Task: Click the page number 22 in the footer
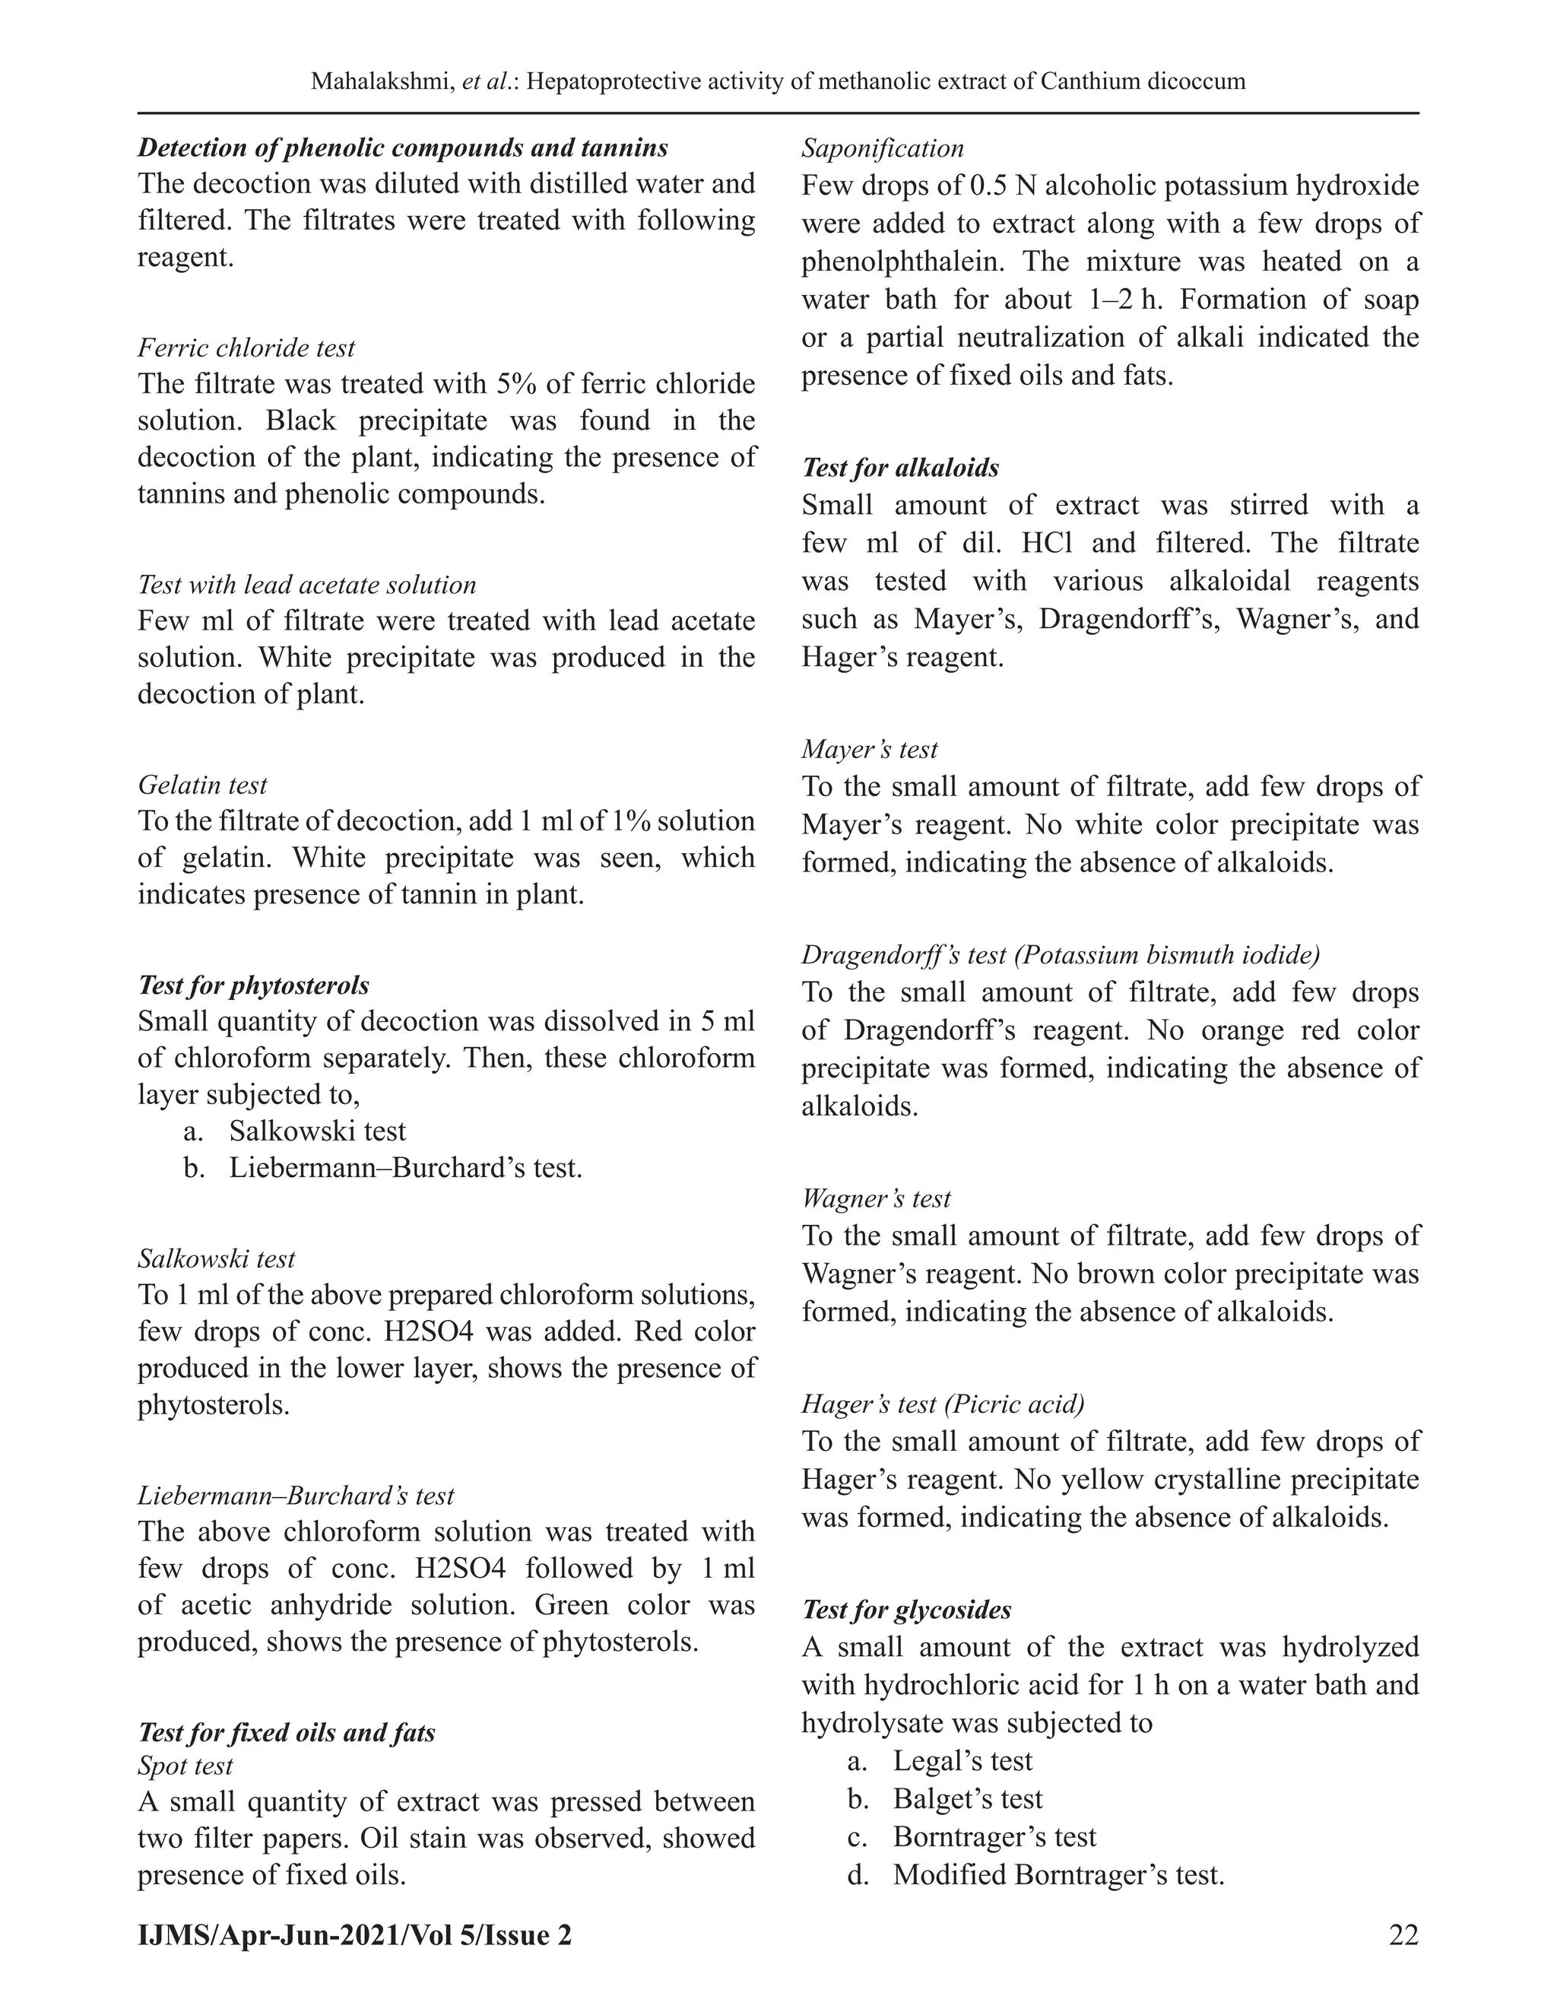(x=1403, y=1934)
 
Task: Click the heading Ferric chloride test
(x=246, y=347)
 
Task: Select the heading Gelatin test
(x=202, y=785)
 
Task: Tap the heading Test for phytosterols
(x=254, y=985)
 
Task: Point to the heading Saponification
(x=882, y=148)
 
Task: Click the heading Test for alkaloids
(x=899, y=468)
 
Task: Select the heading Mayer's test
(x=869, y=749)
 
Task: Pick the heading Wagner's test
(x=875, y=1198)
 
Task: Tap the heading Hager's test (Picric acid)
(x=943, y=1404)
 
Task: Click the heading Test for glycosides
(x=905, y=1610)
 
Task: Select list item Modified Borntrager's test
(x=1057, y=1875)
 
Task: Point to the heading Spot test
(x=185, y=1766)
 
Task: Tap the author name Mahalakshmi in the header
(x=380, y=81)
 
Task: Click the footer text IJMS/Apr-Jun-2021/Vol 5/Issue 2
(x=355, y=1934)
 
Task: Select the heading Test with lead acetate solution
(x=307, y=585)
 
